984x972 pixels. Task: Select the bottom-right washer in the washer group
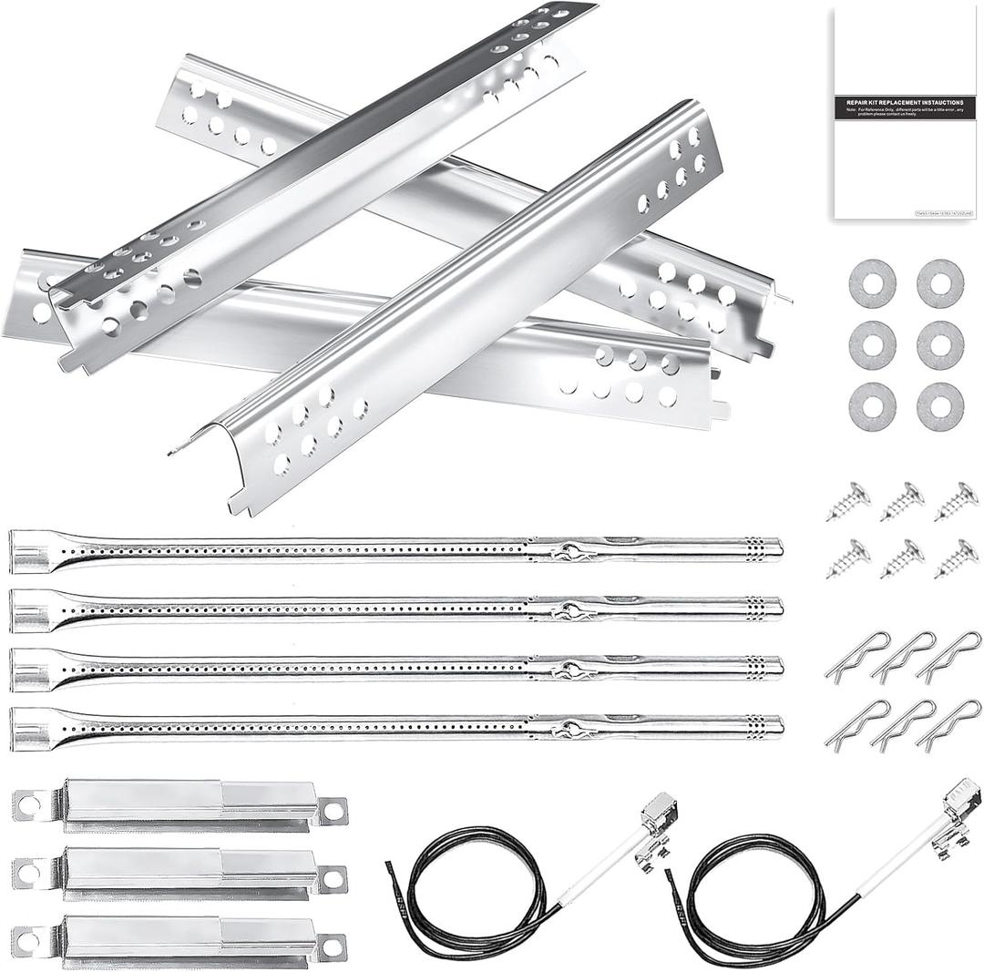pos(940,406)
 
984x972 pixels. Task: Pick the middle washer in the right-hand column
pos(940,344)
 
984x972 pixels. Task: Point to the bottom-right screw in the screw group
pos(956,558)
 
